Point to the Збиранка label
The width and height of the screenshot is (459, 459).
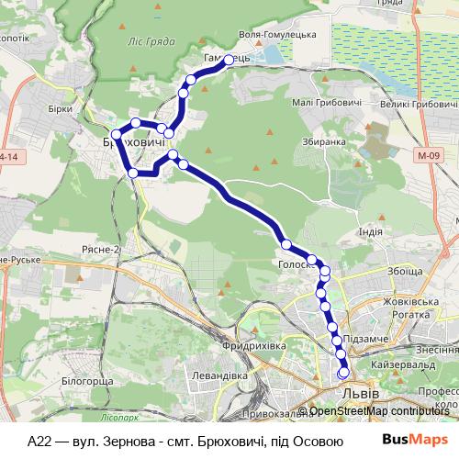323,142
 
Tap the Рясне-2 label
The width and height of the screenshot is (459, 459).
127,249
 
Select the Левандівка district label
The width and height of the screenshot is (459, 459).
212,375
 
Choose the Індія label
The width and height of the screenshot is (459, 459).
370,231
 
